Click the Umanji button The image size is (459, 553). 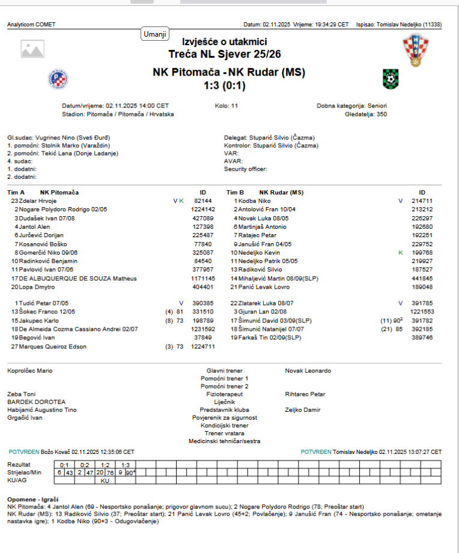point(155,34)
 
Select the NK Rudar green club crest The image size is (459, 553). point(390,79)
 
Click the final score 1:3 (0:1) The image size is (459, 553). point(229,85)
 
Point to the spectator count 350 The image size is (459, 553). point(381,113)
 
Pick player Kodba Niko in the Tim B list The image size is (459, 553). point(254,201)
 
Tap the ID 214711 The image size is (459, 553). point(422,201)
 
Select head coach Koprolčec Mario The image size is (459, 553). point(29,371)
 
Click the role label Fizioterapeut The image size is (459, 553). point(225,394)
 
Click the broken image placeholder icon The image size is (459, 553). point(32,49)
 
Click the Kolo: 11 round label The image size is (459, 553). point(226,106)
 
